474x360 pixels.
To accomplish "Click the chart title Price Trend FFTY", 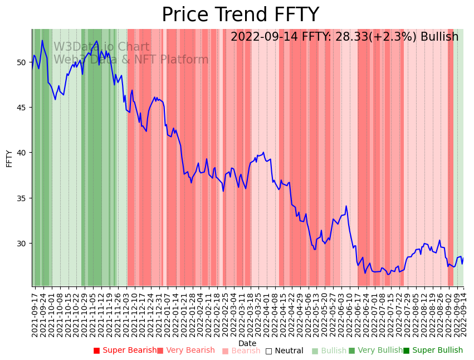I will pos(240,15).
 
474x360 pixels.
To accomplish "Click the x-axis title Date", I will pos(247,343).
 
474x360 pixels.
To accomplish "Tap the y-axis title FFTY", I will pos(9,158).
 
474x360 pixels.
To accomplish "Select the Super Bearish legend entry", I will pos(125,351).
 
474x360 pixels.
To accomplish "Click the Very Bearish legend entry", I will pos(185,351).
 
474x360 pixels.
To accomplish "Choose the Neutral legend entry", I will pos(284,351).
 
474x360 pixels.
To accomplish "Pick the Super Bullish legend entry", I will pos(433,351).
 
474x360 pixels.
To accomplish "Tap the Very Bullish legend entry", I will pos(375,351).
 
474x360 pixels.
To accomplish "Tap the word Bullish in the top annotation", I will pos(439,37).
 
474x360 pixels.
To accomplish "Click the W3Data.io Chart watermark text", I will pos(101,47).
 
